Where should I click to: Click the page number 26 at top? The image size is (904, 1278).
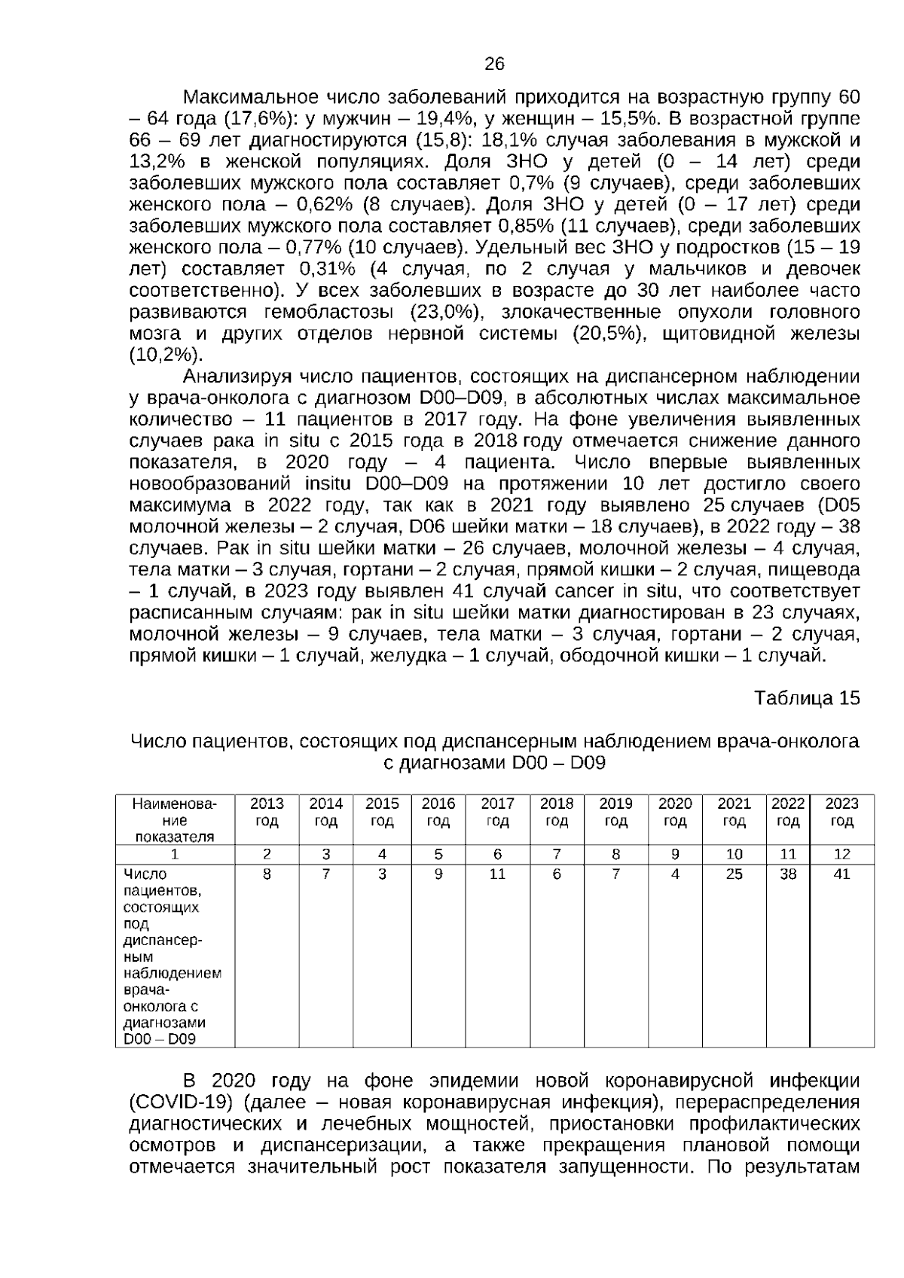(x=494, y=64)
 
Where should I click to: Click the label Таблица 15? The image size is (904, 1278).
(x=806, y=698)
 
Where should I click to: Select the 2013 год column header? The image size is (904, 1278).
(x=267, y=812)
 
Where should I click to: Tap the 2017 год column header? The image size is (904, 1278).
(x=497, y=812)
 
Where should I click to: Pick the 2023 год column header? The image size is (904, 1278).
(x=841, y=812)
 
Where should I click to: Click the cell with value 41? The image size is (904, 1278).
(x=841, y=874)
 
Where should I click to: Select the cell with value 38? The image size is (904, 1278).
(x=788, y=874)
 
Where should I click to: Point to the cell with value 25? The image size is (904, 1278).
(x=734, y=874)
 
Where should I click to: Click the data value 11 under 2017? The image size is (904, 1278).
(x=497, y=874)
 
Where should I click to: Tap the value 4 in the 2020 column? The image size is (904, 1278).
(x=675, y=874)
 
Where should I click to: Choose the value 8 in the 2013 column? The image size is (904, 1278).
(x=267, y=874)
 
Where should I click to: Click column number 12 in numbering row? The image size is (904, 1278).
(x=841, y=854)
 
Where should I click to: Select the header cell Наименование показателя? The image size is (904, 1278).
(x=175, y=819)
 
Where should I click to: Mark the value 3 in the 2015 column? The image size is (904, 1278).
(x=383, y=874)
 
